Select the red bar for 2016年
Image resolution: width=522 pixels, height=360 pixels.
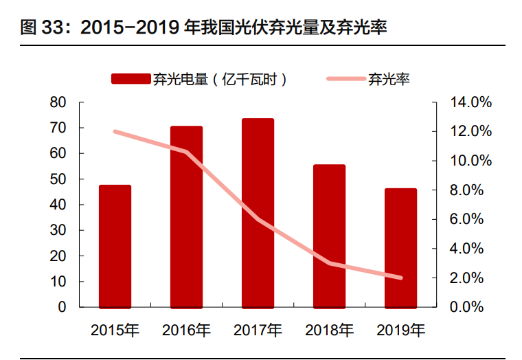(x=186, y=217)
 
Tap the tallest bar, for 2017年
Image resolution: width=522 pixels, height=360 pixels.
(x=258, y=213)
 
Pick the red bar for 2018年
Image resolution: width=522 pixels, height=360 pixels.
(x=329, y=236)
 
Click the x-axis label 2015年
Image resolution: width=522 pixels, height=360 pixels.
(x=115, y=330)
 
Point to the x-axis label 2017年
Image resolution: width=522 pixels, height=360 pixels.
(x=258, y=330)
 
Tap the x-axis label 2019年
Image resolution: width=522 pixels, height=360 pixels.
(x=400, y=330)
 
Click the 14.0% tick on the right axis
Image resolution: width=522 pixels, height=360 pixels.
(x=470, y=102)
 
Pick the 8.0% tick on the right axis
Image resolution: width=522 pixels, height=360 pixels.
(x=470, y=190)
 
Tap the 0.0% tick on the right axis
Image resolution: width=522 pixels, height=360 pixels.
(x=470, y=307)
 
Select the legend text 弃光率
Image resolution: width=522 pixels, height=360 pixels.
(x=389, y=79)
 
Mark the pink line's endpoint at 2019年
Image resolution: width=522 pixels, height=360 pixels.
(x=400, y=278)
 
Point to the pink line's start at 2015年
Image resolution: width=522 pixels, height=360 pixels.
(x=115, y=131)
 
